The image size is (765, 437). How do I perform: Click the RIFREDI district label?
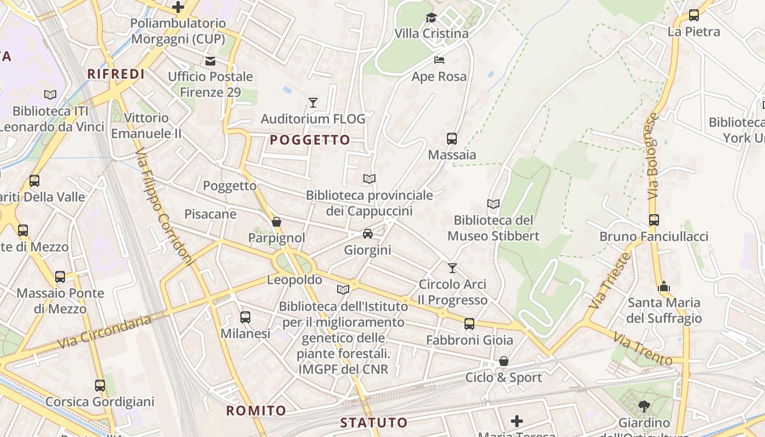(116, 74)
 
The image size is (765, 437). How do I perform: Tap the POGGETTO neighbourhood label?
(310, 140)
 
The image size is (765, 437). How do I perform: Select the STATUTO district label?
(374, 422)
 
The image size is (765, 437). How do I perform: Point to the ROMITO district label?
(256, 411)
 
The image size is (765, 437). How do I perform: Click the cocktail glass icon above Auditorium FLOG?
(313, 102)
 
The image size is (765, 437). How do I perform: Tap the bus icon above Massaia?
(451, 139)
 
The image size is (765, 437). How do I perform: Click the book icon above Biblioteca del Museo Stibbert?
(493, 204)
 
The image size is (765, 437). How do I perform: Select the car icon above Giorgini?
(368, 234)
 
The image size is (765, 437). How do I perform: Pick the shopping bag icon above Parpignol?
(276, 222)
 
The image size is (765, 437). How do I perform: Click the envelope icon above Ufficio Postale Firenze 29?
(210, 61)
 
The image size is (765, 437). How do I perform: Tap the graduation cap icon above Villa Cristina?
(432, 18)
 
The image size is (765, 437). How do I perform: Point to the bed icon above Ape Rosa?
(439, 60)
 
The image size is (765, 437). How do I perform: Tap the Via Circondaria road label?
(104, 332)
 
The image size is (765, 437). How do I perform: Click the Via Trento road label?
(643, 349)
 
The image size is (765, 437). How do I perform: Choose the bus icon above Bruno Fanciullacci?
(654, 220)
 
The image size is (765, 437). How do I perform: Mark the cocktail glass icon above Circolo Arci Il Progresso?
(452, 268)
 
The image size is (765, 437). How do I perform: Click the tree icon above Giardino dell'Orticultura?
(644, 406)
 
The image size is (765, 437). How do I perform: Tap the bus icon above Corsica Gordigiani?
(100, 386)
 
